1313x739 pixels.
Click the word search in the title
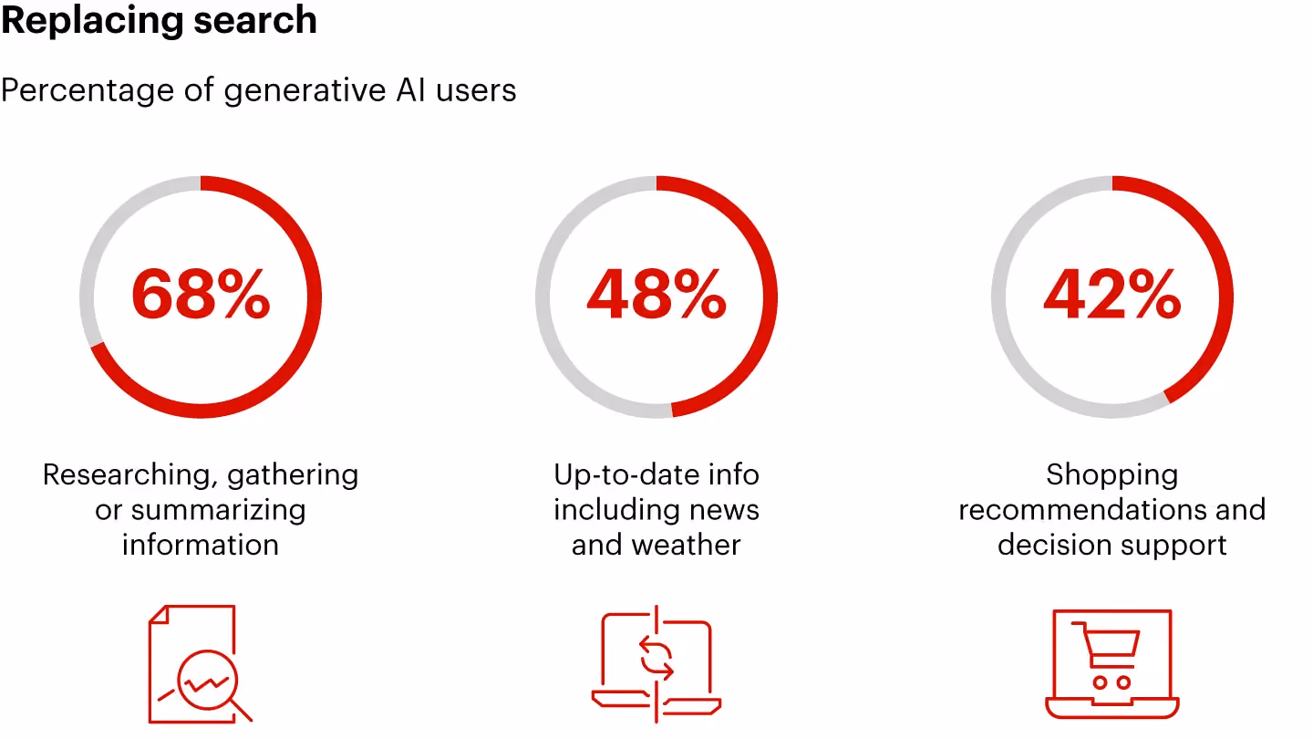[x=255, y=19]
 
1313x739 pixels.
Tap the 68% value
[x=201, y=295]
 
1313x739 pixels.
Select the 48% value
[x=656, y=295]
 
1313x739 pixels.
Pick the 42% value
[x=1112, y=295]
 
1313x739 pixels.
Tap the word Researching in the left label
[x=126, y=475]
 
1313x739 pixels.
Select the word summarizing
[x=218, y=511]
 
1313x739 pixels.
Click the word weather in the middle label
[x=687, y=545]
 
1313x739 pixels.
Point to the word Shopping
[x=1112, y=475]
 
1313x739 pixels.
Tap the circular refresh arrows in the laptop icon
[x=656, y=660]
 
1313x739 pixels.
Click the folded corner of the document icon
[x=159, y=614]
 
